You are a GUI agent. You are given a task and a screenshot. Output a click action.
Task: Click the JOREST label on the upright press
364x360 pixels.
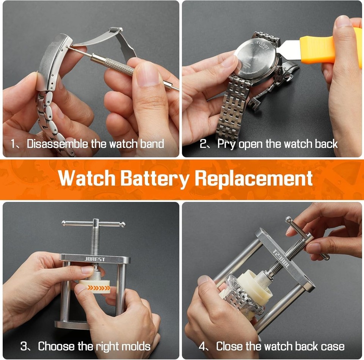pos(95,259)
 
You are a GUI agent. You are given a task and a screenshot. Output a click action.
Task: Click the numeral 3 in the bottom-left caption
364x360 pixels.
pos(23,346)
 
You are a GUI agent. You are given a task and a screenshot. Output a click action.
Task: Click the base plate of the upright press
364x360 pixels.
pos(72,325)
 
